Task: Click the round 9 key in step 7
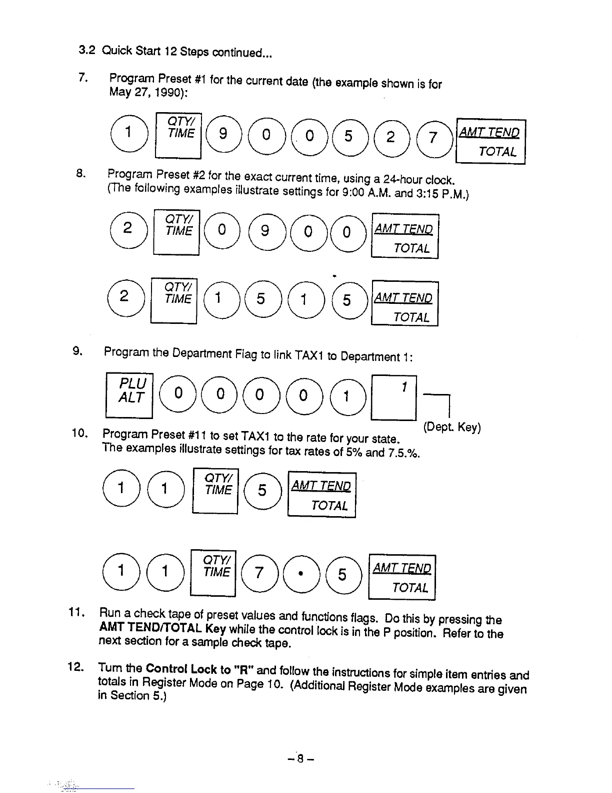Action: (x=223, y=134)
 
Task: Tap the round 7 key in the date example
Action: (x=432, y=137)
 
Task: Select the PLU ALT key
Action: (x=129, y=395)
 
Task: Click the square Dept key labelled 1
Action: (x=394, y=397)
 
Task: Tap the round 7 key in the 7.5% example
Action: (x=258, y=573)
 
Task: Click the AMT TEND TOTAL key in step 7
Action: (x=490, y=142)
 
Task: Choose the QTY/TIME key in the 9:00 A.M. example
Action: (x=176, y=232)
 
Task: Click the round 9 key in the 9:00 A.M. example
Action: (x=265, y=230)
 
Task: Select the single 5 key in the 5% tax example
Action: (x=262, y=490)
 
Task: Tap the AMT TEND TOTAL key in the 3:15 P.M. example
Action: (x=404, y=304)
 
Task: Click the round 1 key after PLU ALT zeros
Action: (x=345, y=396)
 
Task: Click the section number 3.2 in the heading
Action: (x=87, y=50)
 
